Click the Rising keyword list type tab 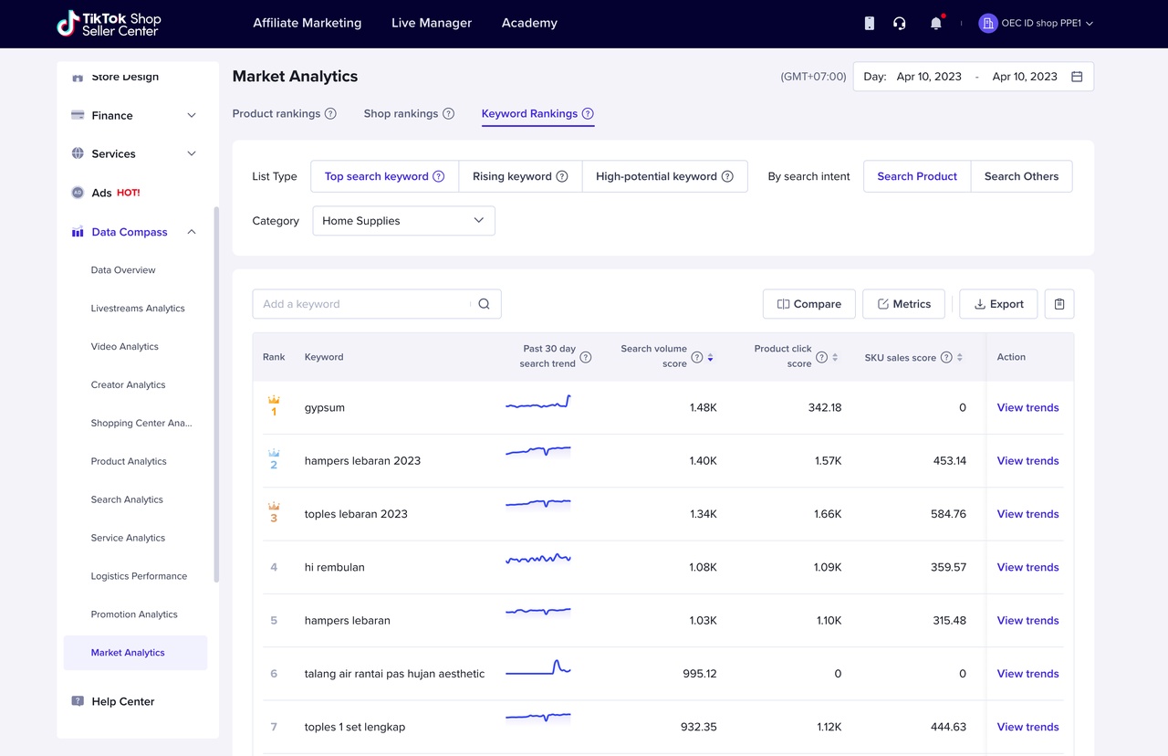point(520,176)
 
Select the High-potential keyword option point(664,176)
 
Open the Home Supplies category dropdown point(403,221)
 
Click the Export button point(998,304)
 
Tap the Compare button point(808,304)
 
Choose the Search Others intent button point(1021,176)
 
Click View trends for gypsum point(1027,407)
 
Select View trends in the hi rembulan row point(1027,567)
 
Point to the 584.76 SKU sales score point(948,514)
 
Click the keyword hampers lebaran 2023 point(362,461)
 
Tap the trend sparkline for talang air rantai point(538,667)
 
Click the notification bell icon point(936,24)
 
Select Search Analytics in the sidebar point(127,499)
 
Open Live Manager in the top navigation point(432,23)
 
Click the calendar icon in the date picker point(1077,77)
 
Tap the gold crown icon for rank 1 point(274,400)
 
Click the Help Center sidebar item point(123,701)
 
